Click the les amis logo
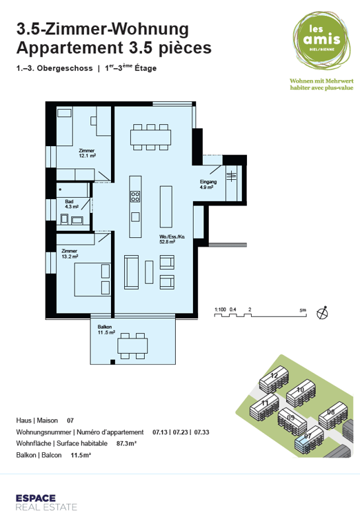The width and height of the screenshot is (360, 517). [x=321, y=40]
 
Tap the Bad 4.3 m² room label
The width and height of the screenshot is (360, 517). [x=71, y=204]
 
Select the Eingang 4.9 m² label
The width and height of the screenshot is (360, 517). [x=208, y=184]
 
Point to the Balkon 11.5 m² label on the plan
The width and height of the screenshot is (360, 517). [x=106, y=330]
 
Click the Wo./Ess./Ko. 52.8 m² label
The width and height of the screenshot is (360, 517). [x=172, y=239]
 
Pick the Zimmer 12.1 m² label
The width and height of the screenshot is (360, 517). [x=87, y=153]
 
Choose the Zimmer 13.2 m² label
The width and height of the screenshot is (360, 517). [x=70, y=254]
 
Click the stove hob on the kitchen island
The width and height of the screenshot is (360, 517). [x=135, y=196]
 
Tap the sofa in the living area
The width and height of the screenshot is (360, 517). [x=131, y=272]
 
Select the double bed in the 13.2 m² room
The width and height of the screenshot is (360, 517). [x=92, y=279]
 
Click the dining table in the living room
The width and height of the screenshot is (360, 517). [x=151, y=137]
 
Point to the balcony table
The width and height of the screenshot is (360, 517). [x=132, y=346]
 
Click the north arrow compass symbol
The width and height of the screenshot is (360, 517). [x=322, y=312]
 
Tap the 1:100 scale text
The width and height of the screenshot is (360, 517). [x=220, y=310]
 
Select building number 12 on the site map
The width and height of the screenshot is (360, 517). [x=274, y=379]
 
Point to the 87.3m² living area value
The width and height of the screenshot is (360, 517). [x=126, y=443]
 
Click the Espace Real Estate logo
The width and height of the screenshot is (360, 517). [x=46, y=503]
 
